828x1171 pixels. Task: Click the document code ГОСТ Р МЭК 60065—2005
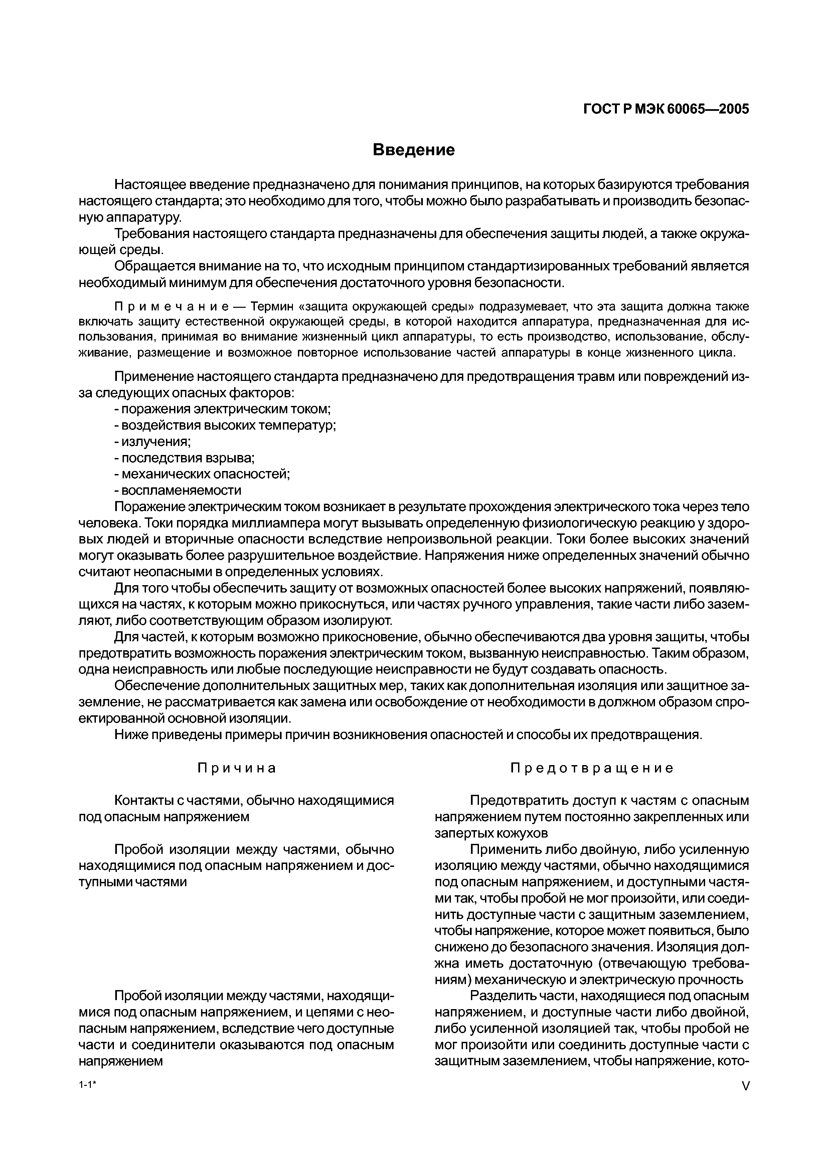pos(666,109)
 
